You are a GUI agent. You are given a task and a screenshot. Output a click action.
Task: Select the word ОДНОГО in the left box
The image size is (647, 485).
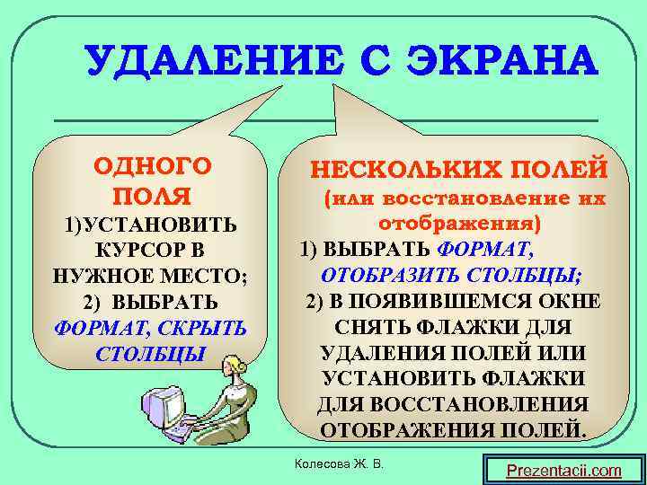click(153, 166)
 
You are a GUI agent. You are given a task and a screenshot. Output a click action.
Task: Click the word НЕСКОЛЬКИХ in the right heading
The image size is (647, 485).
click(400, 169)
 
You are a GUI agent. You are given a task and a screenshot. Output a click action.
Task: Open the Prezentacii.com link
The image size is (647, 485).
click(563, 470)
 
